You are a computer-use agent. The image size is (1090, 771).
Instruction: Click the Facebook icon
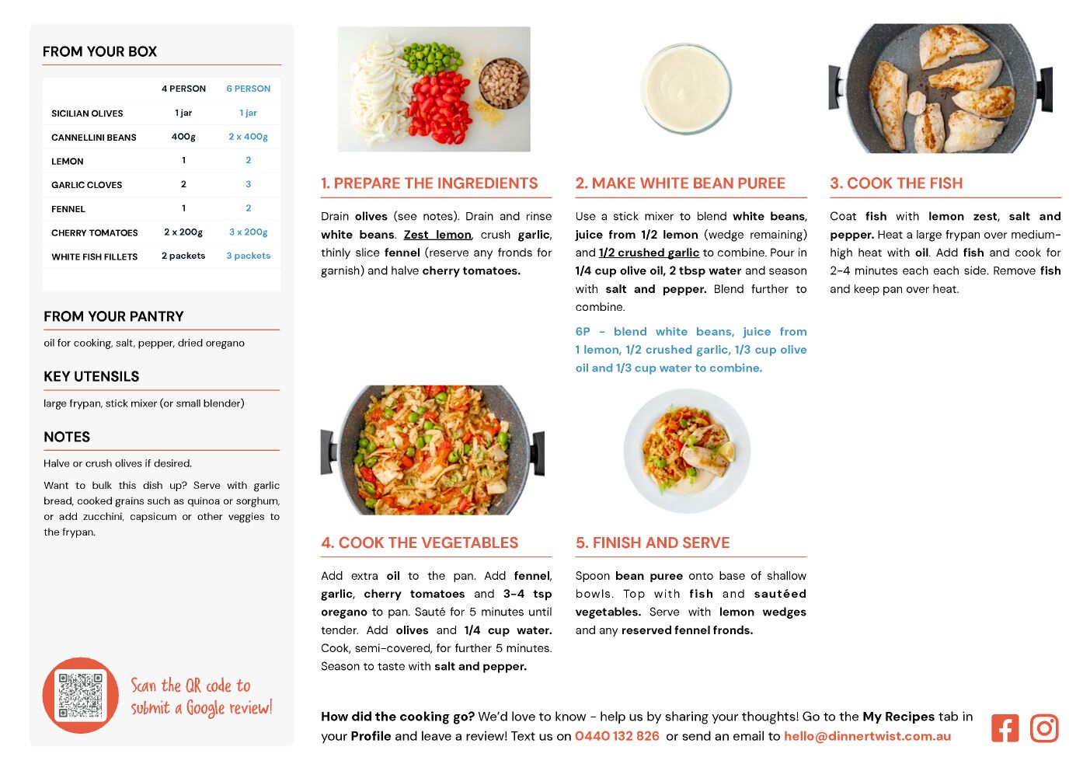coord(1005,728)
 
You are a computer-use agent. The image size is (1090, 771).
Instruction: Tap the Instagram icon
coord(1044,728)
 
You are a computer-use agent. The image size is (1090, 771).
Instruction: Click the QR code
coord(81,695)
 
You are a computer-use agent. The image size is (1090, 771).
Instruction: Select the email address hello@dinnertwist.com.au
coord(867,736)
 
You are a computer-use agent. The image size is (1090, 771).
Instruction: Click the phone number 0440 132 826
coord(617,736)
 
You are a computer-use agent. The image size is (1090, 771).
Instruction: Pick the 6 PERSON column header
coord(248,89)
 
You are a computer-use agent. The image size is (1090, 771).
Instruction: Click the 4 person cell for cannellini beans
coord(183,137)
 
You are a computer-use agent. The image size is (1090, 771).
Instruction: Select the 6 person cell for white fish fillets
coord(248,256)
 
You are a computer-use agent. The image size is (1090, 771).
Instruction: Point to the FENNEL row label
coord(68,209)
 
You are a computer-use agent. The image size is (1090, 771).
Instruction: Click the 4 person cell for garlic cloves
coord(183,184)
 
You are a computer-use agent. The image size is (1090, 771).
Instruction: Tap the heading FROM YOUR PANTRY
coord(113,316)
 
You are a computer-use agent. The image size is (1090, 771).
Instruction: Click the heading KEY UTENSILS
coord(92,376)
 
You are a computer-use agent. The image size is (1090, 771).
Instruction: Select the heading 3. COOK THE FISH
coord(897,183)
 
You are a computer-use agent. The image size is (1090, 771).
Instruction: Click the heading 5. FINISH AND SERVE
coord(653,542)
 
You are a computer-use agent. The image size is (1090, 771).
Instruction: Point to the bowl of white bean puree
coord(686,89)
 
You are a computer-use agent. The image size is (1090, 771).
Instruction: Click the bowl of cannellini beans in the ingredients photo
coord(503,83)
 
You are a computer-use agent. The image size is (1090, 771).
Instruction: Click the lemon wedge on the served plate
coord(726,452)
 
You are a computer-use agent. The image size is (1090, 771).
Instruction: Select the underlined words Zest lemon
coord(437,235)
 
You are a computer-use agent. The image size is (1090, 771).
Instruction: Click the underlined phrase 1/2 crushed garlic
coord(649,253)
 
